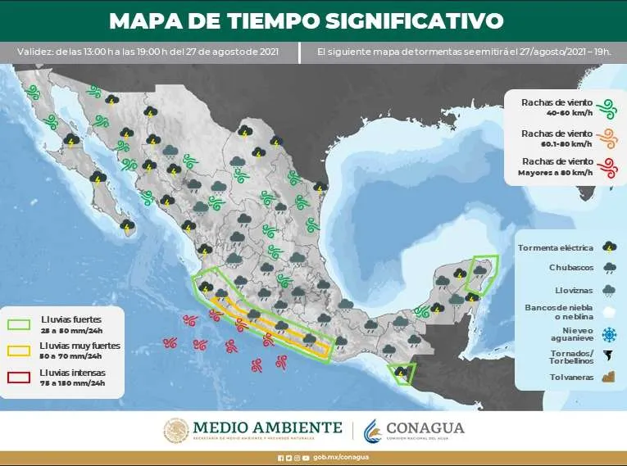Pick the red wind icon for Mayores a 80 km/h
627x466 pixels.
click(607, 168)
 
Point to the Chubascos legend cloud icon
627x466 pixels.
click(609, 267)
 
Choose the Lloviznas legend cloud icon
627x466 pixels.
click(609, 289)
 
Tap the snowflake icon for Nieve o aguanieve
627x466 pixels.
click(609, 334)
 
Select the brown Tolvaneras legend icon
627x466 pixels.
click(609, 378)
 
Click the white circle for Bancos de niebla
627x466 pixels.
click(609, 312)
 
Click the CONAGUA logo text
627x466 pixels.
click(425, 428)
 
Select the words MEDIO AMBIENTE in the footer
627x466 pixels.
click(267, 428)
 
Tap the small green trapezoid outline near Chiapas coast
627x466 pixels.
click(402, 375)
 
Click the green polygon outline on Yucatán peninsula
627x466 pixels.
click(481, 272)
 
